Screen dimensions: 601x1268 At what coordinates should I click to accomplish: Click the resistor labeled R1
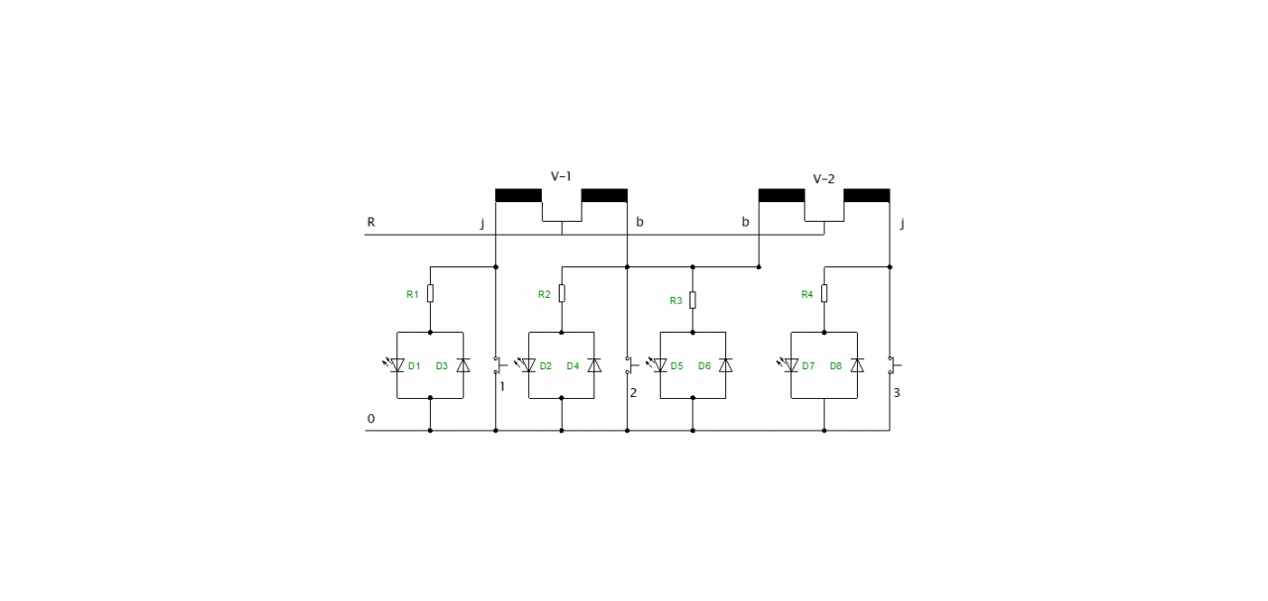(x=430, y=294)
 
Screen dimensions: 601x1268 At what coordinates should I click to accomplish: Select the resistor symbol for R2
(x=562, y=294)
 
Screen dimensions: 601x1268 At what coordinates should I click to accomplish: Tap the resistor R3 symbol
(x=692, y=300)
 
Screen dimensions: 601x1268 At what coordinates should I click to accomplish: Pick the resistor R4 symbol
(x=824, y=294)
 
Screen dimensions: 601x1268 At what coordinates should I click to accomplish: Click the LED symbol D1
(x=397, y=365)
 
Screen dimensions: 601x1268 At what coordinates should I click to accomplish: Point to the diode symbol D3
(x=463, y=365)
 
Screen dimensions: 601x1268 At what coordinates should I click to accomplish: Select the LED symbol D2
(x=529, y=365)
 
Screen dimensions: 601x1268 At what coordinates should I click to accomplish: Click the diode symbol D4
(x=594, y=365)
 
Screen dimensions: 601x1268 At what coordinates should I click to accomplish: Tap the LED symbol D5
(x=660, y=365)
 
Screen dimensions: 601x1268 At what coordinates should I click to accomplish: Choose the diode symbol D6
(x=725, y=365)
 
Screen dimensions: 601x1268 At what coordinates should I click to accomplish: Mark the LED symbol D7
(x=792, y=365)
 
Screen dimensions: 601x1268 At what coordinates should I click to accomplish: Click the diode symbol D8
(x=857, y=365)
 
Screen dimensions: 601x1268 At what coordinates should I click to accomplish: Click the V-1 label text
(x=561, y=176)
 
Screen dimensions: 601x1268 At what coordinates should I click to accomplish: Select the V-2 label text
(x=823, y=179)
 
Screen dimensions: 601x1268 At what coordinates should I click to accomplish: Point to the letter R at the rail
(x=371, y=222)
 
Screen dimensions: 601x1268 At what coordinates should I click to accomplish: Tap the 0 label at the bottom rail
(x=371, y=419)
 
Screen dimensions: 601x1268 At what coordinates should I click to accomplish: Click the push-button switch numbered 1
(x=497, y=365)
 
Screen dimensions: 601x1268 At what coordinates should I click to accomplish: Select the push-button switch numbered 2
(x=629, y=365)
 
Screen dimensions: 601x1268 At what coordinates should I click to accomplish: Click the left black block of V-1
(x=518, y=195)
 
